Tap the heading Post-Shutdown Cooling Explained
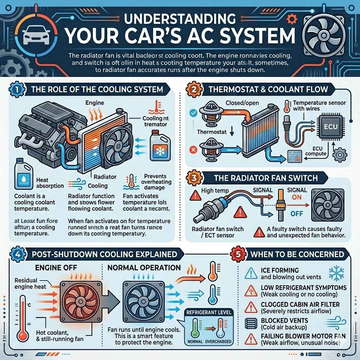point(104,254)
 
